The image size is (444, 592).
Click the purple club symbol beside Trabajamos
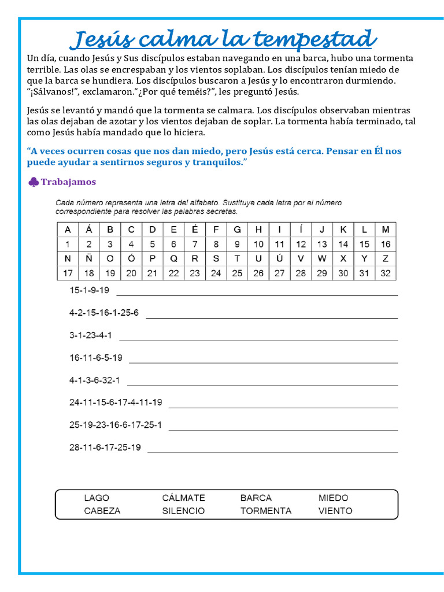point(33,182)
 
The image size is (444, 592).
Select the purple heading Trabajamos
point(68,182)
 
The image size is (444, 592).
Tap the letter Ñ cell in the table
point(89,258)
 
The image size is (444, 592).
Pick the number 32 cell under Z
point(386,273)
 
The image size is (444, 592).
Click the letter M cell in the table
point(386,230)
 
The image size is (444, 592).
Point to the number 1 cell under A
point(68,244)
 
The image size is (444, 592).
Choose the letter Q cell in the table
point(173,258)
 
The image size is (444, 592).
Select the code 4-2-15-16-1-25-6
point(104,313)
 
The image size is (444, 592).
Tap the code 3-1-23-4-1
point(91,335)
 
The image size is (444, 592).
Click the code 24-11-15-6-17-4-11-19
point(116,402)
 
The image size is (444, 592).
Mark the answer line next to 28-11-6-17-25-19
point(272,452)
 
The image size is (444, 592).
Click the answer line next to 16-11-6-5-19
point(263,362)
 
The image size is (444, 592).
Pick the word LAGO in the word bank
point(97,498)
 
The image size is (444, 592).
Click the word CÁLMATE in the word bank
point(183,498)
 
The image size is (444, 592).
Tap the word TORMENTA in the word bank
point(266,511)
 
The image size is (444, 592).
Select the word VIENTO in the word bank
point(335,511)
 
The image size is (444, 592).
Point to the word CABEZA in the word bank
point(102,511)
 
